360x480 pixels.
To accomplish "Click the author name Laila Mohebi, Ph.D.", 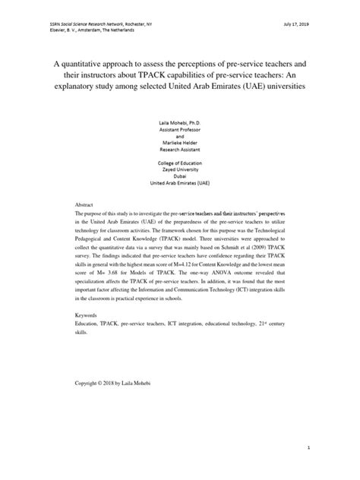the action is click(179, 121).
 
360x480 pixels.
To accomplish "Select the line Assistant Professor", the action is click(179, 128).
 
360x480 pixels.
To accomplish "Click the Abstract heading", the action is click(84, 205).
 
